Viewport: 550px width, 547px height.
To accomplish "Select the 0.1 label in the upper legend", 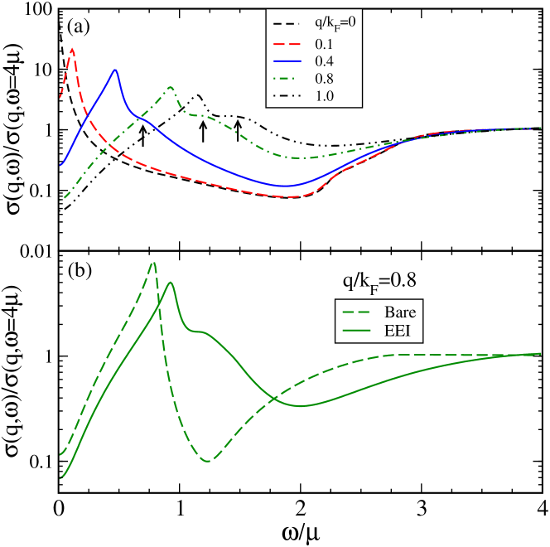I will (x=323, y=42).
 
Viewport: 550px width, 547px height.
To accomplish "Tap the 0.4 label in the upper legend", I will (x=324, y=61).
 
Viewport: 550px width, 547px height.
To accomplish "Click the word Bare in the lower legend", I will (x=400, y=313).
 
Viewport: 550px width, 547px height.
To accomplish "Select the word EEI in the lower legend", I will (x=398, y=332).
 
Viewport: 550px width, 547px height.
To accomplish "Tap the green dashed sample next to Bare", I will (x=358, y=313).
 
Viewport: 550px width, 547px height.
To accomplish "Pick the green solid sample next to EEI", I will (x=358, y=332).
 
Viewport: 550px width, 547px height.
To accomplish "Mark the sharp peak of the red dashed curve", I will (x=73, y=48).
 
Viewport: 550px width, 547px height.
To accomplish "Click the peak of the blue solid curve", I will (x=115, y=70).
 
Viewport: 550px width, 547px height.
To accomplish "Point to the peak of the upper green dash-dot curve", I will (x=170, y=87).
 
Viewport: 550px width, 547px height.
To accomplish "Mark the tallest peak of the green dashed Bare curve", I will (x=153, y=263).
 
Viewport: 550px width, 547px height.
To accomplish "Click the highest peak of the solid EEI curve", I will (x=171, y=283).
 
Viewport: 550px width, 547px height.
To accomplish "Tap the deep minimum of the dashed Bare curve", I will (x=207, y=461).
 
